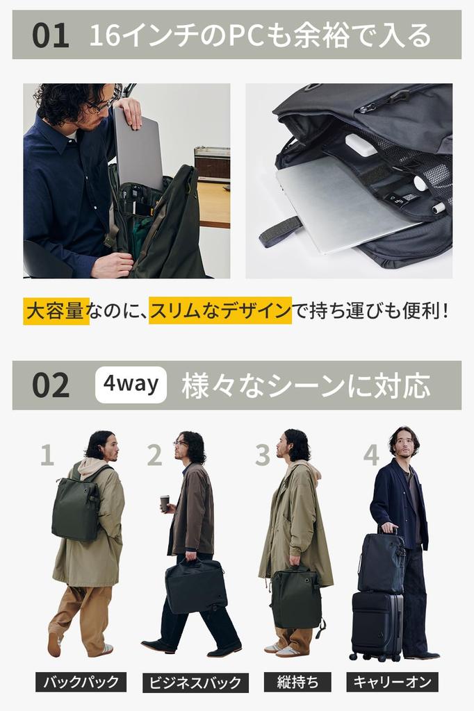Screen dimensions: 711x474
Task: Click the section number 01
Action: (x=51, y=35)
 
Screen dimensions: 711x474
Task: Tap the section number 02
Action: (x=51, y=385)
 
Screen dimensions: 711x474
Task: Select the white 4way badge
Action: (x=131, y=385)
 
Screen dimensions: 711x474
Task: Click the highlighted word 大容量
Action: (x=56, y=310)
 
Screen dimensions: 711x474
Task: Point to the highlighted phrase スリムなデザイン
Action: (x=220, y=310)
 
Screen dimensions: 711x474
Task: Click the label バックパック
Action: (x=81, y=681)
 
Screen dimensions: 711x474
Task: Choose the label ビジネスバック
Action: (x=195, y=682)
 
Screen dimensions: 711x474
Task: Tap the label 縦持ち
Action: (x=297, y=681)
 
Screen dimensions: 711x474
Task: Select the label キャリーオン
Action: (x=392, y=681)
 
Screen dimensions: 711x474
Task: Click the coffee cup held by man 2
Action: (x=165, y=503)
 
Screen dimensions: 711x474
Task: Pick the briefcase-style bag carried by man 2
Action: (x=196, y=585)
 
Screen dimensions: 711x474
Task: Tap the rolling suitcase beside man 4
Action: (x=377, y=625)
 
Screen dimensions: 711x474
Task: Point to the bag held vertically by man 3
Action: (x=297, y=596)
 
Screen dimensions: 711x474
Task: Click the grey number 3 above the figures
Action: (x=262, y=455)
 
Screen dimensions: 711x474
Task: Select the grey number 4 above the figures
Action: (x=371, y=455)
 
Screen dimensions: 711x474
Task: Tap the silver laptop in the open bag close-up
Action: (x=341, y=205)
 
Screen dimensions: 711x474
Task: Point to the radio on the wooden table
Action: (x=211, y=164)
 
